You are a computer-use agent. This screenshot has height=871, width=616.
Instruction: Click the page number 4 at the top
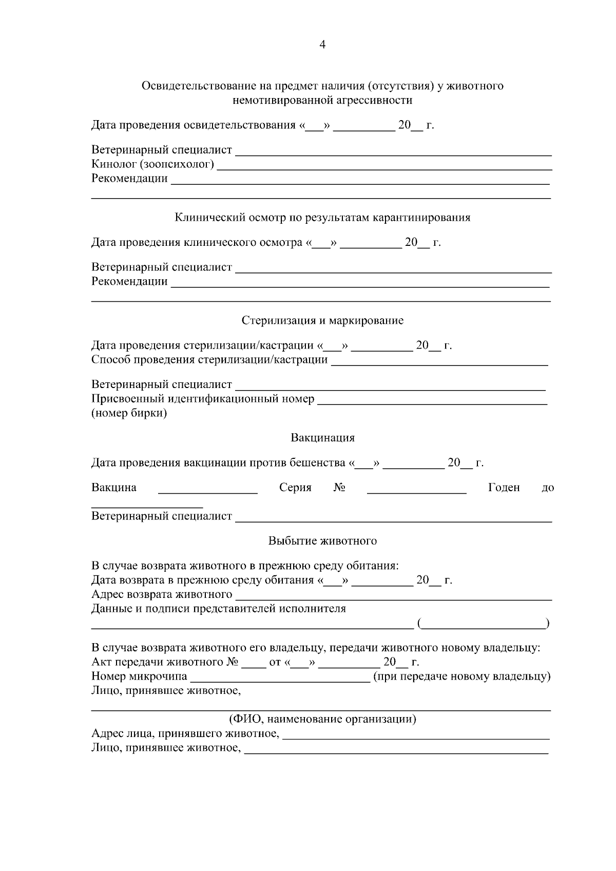coord(322,45)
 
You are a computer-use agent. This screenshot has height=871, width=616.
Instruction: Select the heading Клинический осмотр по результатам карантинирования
coord(322,217)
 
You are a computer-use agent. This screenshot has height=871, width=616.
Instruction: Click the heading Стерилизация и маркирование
coord(322,320)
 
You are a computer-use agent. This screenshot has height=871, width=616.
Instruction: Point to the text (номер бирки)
coord(129,413)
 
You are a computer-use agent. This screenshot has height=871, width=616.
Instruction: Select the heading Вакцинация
coord(322,438)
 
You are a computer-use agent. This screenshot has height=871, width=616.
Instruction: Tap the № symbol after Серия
coord(339,488)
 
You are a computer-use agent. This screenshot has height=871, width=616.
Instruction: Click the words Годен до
coord(520,488)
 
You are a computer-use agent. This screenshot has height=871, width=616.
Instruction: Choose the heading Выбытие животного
coord(322,541)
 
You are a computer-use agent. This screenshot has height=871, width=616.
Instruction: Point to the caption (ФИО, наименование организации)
coord(322,719)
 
